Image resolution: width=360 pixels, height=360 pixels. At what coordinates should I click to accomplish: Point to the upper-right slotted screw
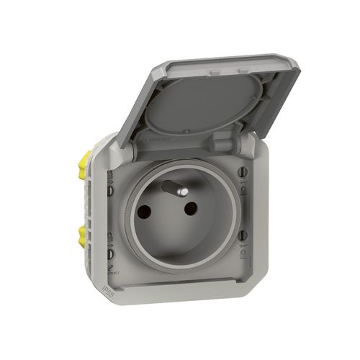pyautogui.click(x=241, y=174)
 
